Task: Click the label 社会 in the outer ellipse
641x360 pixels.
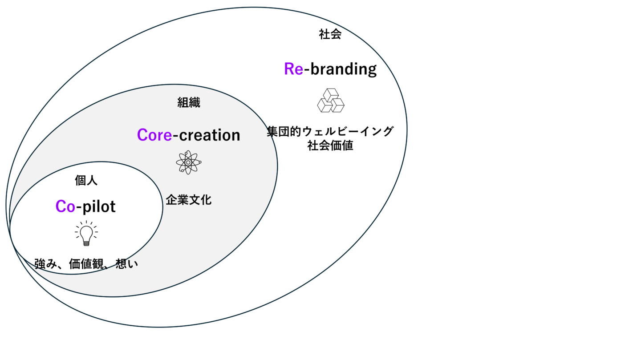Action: click(x=330, y=35)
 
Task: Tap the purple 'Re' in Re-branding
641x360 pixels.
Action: click(x=293, y=69)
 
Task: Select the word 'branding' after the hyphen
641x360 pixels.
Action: click(x=343, y=69)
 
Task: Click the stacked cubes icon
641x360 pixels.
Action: click(x=331, y=101)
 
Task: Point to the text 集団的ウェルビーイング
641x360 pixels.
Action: click(x=330, y=132)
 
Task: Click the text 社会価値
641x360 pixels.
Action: click(x=330, y=146)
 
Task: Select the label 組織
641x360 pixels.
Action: click(x=189, y=103)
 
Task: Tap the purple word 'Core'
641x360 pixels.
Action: click(x=154, y=135)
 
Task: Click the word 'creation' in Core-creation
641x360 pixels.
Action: click(x=209, y=135)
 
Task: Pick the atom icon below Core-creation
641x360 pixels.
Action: click(x=189, y=162)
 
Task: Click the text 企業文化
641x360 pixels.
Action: click(x=189, y=200)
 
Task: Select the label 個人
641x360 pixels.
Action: click(x=86, y=181)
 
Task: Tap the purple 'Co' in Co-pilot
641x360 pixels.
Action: click(x=65, y=206)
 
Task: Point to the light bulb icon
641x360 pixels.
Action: click(x=86, y=234)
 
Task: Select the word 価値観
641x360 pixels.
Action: click(x=86, y=264)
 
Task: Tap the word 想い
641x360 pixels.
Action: click(x=127, y=264)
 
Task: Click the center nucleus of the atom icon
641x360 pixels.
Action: click(x=189, y=162)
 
